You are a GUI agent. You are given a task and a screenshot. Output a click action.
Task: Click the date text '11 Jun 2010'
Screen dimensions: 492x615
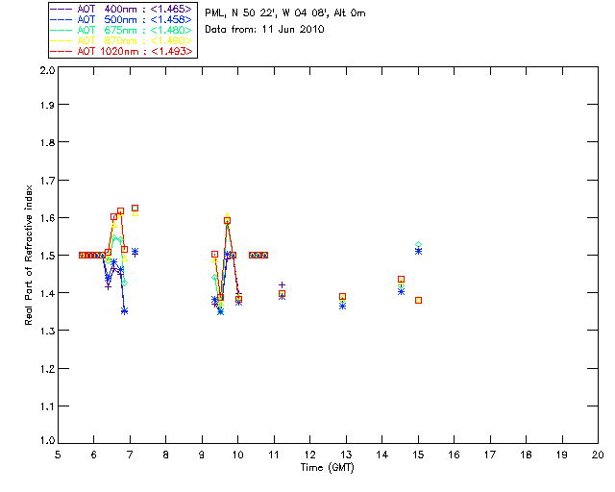tap(294, 30)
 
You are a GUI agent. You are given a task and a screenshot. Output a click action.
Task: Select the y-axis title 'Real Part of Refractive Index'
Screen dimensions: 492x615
tap(30, 258)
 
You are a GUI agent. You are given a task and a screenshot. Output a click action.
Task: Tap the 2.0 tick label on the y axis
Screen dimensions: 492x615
tap(46, 71)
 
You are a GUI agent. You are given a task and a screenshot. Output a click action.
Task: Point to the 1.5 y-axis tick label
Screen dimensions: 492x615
tap(46, 257)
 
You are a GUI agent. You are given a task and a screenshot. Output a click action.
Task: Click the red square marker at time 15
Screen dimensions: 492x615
tap(419, 300)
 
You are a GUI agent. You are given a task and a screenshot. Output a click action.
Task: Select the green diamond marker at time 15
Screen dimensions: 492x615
tap(418, 245)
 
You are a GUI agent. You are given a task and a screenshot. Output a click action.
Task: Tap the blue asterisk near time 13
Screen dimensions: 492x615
tap(342, 305)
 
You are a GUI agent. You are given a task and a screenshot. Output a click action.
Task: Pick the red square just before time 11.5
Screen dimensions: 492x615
tap(282, 293)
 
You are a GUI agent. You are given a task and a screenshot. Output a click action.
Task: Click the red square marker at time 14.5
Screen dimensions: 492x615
tap(401, 279)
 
